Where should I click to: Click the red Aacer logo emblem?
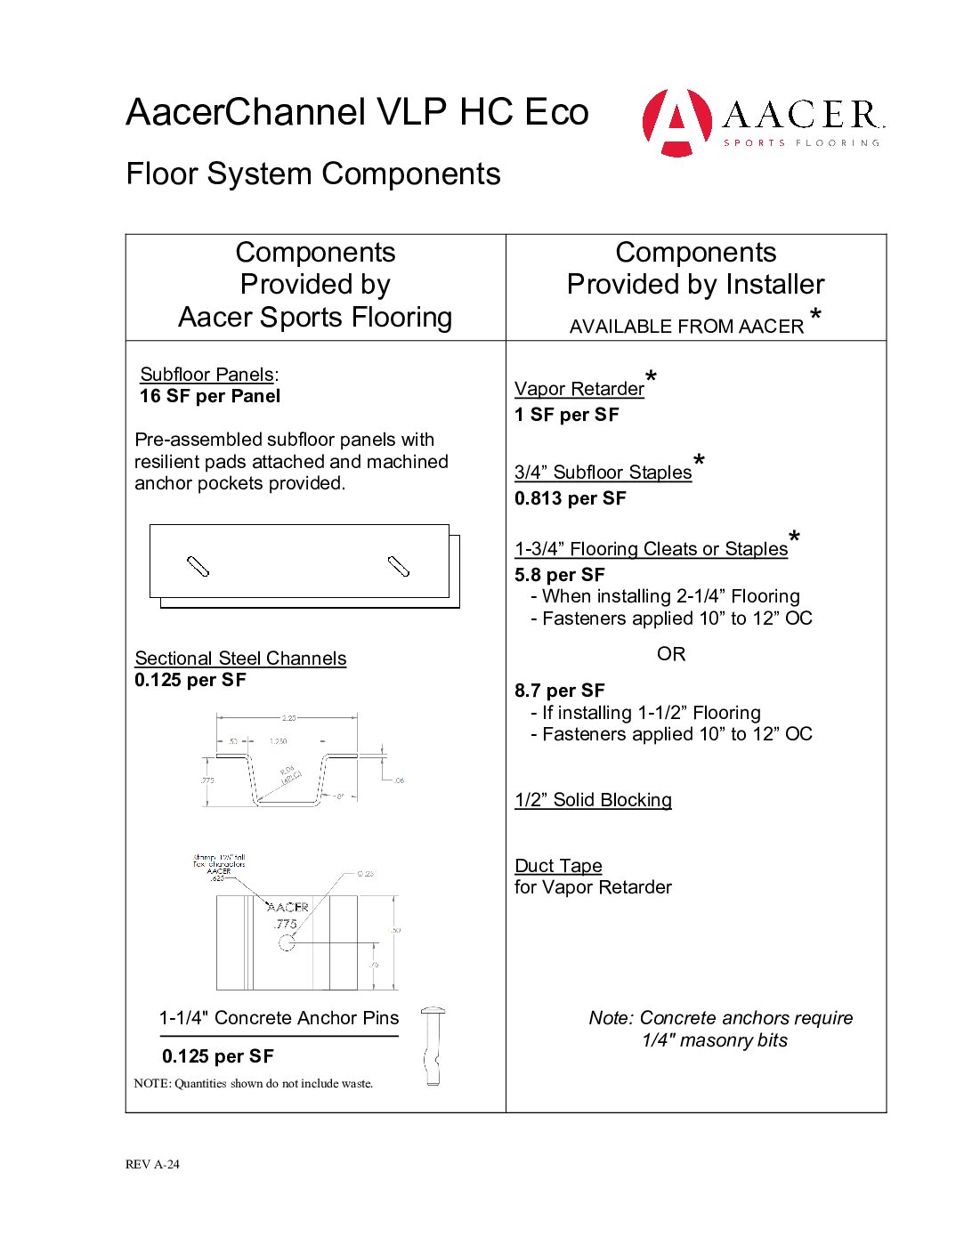coord(676,122)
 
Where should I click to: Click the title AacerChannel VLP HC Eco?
coord(357,112)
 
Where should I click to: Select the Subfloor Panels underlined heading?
coord(207,375)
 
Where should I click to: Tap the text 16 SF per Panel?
coord(210,396)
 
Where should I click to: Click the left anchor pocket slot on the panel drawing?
coord(198,566)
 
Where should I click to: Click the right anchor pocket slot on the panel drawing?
coord(399,566)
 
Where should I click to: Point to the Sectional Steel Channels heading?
coord(240,659)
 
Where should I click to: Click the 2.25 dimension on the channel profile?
coord(288,717)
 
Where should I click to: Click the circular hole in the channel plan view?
coord(287,942)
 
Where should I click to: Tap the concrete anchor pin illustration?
coord(433,1047)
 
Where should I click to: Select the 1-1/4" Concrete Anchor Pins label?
coord(279,1018)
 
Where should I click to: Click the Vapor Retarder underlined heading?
coord(579,389)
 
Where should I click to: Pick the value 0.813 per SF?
coord(571,498)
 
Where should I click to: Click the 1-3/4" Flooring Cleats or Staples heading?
coord(652,549)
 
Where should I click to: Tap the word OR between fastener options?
coord(671,654)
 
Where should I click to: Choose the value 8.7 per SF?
coord(560,691)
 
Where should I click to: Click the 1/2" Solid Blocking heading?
coord(593,800)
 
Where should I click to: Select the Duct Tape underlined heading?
coord(558,866)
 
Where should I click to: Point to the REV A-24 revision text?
coord(152,1164)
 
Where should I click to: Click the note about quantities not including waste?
coord(254,1084)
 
